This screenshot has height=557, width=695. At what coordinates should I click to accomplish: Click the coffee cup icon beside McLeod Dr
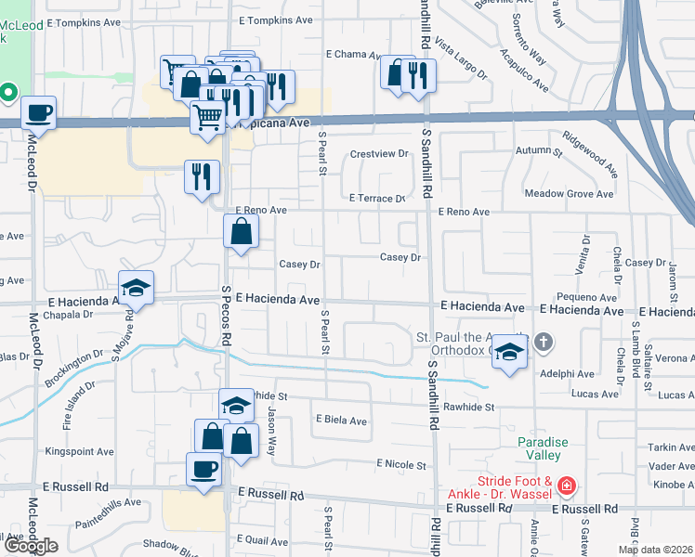(38, 113)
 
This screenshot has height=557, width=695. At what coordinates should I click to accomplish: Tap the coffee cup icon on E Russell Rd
(203, 469)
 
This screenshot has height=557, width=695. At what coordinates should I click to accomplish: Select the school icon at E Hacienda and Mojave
(136, 288)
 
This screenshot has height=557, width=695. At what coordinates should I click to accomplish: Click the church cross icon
(544, 343)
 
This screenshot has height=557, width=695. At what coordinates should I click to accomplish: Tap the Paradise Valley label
(540, 449)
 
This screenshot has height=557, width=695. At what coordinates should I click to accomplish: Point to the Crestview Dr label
(379, 153)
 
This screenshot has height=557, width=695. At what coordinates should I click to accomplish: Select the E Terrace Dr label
(378, 199)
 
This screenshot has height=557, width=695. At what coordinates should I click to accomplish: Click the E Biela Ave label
(341, 421)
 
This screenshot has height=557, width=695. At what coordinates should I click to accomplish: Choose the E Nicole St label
(400, 464)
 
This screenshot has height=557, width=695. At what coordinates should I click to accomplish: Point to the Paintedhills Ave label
(108, 502)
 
